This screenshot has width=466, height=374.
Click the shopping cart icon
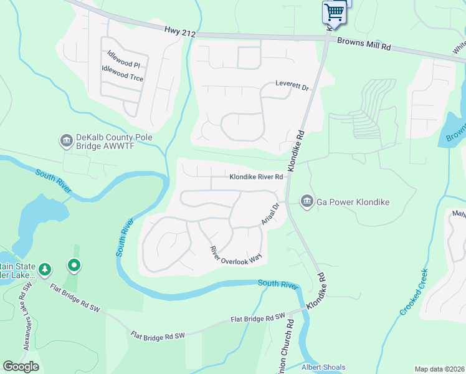[334, 12]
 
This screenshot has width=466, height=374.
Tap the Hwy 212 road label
[180, 31]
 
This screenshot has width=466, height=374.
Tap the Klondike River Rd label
[257, 177]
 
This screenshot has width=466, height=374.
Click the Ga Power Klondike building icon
[307, 201]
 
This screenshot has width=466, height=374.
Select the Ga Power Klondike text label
[353, 202]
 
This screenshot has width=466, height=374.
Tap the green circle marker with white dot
[74, 267]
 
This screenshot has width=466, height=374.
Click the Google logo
[21, 367]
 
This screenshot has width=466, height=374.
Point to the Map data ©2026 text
[439, 369]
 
